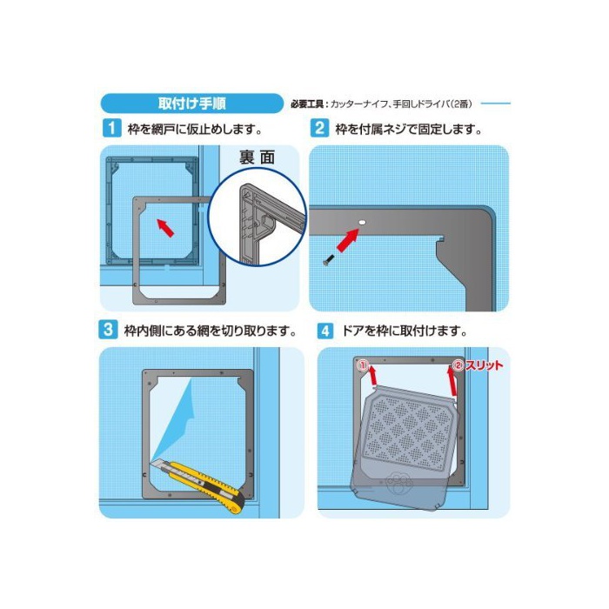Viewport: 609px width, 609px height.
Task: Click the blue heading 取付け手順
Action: click(192, 104)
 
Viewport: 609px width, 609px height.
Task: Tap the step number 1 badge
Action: click(112, 128)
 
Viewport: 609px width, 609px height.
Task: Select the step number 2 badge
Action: click(319, 128)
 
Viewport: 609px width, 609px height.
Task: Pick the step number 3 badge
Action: click(108, 330)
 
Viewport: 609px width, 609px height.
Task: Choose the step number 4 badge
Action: click(325, 331)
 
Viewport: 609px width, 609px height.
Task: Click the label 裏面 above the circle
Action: click(258, 157)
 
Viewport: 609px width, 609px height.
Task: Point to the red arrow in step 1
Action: click(165, 228)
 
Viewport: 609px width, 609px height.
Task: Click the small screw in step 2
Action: click(328, 260)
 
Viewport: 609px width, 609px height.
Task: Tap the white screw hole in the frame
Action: click(362, 223)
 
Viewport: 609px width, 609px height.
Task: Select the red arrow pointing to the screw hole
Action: click(347, 240)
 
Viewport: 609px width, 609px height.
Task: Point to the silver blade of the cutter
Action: click(160, 464)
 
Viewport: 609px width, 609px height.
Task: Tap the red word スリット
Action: click(484, 365)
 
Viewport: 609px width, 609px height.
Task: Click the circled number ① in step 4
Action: click(363, 365)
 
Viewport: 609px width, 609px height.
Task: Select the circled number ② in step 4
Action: click(458, 365)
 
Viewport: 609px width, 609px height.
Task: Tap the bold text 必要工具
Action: click(307, 104)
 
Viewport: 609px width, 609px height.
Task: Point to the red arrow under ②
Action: click(452, 381)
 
